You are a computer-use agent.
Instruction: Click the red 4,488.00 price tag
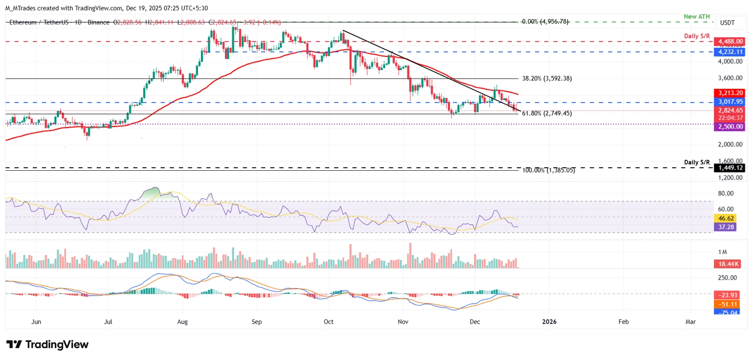click(x=729, y=42)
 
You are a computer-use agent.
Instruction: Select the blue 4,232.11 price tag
click(x=729, y=51)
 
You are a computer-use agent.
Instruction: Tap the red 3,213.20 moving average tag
click(x=729, y=93)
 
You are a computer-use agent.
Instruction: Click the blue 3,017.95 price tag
click(x=729, y=102)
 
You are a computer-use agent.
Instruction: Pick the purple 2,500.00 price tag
click(x=729, y=127)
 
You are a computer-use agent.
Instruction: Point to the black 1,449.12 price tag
click(x=729, y=168)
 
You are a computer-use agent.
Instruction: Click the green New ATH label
click(x=696, y=17)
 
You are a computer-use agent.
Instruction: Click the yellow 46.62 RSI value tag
click(x=726, y=218)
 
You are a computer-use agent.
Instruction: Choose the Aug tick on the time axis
click(x=182, y=322)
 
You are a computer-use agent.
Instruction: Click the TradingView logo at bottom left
click(x=48, y=345)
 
